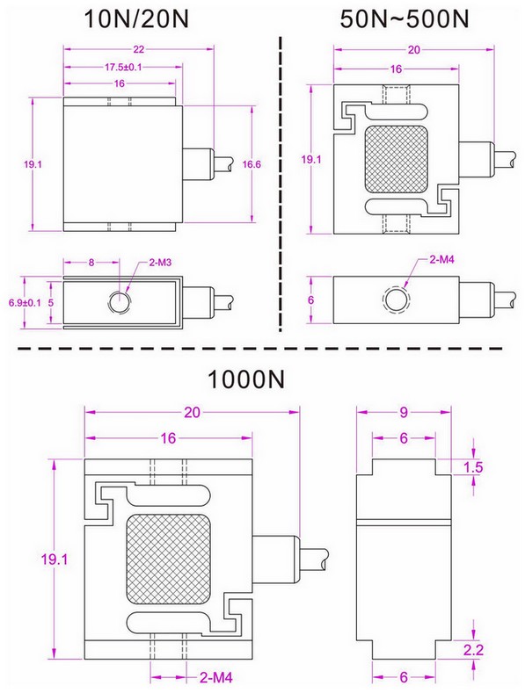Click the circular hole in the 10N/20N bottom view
[x=118, y=301]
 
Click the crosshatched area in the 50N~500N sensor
[x=395, y=160]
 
